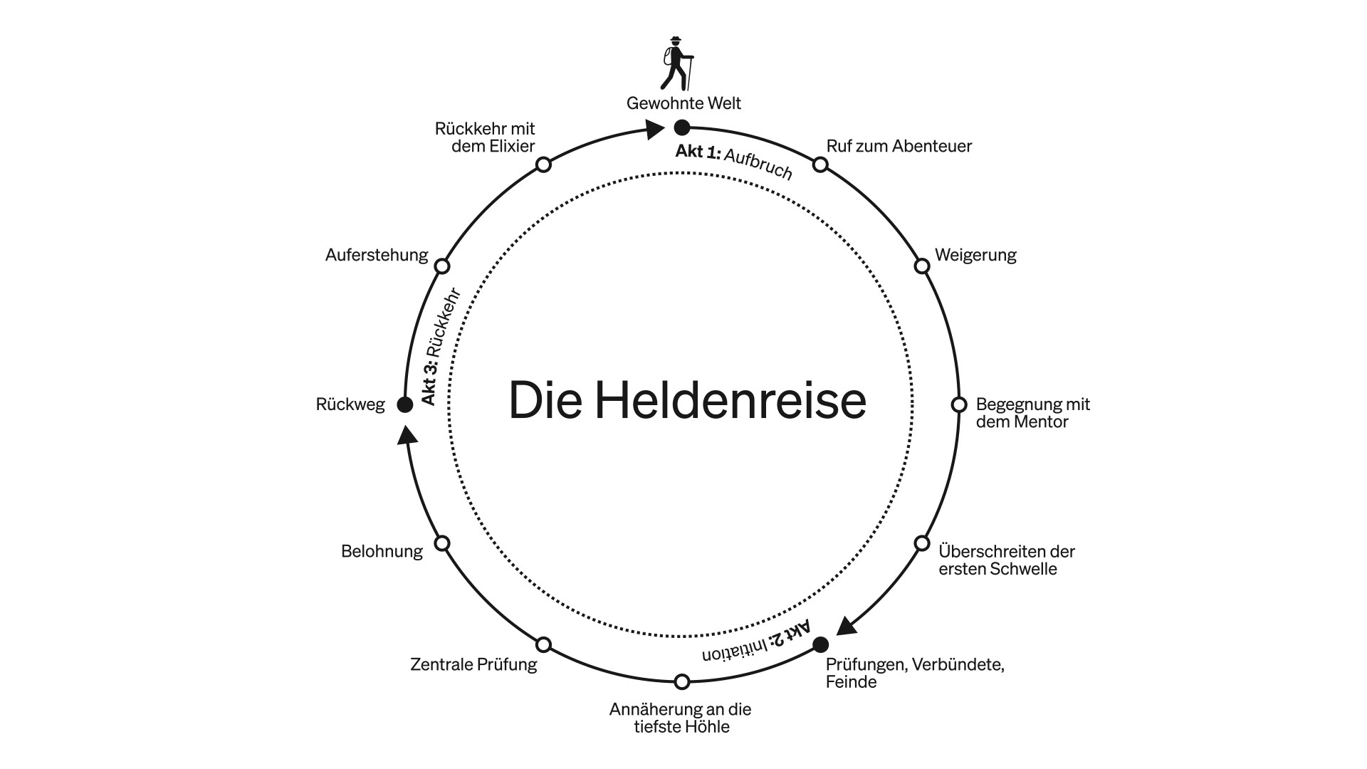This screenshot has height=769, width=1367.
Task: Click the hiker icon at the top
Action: point(677,63)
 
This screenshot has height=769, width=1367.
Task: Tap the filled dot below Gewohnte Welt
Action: point(682,127)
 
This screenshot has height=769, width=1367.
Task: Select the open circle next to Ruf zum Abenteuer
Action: point(820,164)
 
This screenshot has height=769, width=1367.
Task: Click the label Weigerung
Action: point(975,255)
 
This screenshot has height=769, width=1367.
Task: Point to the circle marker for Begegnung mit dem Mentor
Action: point(959,404)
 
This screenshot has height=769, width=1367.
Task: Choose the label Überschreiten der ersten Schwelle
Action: point(1006,560)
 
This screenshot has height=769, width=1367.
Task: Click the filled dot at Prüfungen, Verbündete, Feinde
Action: point(820,644)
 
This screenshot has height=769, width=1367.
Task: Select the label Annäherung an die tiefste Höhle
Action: point(680,718)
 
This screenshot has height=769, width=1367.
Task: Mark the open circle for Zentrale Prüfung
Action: point(543,644)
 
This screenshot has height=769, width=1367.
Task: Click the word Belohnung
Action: point(382,551)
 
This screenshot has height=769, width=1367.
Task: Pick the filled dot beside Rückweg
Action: point(404,404)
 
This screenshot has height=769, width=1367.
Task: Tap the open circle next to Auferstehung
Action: point(442,266)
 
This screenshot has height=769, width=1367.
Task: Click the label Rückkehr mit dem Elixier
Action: point(485,137)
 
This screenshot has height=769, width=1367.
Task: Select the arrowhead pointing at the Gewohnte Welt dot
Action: point(654,129)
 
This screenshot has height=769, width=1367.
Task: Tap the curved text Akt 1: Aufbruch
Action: point(734,162)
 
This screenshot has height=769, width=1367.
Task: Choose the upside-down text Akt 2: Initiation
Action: point(756,642)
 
